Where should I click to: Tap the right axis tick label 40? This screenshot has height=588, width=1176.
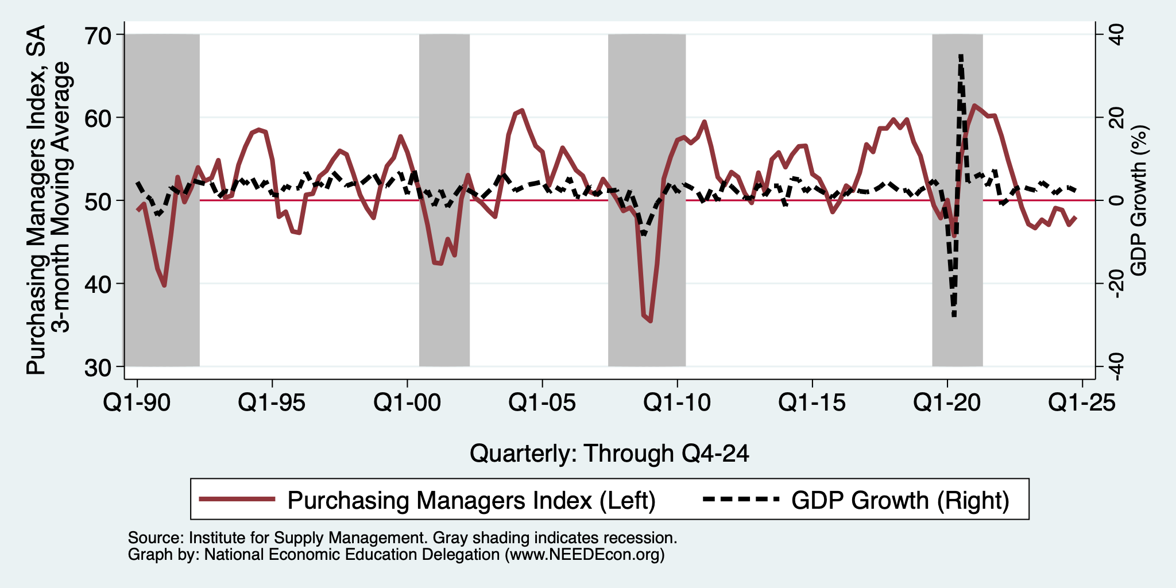coord(1116,35)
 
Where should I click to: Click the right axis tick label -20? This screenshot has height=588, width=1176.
coord(1116,284)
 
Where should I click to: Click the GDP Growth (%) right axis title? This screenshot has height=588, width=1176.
coord(1138,200)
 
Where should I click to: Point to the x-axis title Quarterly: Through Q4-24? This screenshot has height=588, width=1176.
coord(609,454)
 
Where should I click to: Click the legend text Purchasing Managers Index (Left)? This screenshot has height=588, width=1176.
coord(471,500)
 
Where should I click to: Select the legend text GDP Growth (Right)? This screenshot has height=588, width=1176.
coord(900,500)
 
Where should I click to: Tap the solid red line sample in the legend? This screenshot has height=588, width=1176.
coord(237,499)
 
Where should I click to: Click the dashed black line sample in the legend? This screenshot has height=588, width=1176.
coord(741,499)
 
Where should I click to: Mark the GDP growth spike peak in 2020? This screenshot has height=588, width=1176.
coord(961,55)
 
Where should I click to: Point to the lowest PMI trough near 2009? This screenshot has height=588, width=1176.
coord(651,321)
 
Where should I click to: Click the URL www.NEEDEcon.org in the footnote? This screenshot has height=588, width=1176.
coord(585,555)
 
